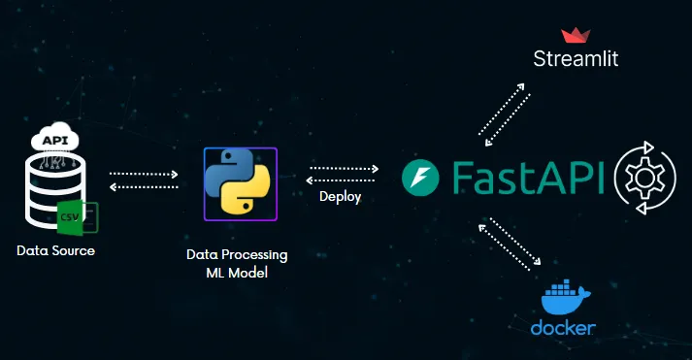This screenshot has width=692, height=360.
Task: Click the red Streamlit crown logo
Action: click(577, 36)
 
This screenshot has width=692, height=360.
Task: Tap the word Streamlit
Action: click(576, 59)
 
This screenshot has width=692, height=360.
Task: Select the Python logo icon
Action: click(240, 183)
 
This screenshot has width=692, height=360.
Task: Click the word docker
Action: click(563, 328)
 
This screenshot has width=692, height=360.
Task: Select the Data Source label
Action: click(56, 251)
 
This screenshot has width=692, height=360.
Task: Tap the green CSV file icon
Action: click(71, 214)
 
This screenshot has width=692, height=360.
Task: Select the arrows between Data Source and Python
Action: click(145, 180)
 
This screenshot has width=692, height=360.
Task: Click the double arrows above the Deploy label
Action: click(343, 173)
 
